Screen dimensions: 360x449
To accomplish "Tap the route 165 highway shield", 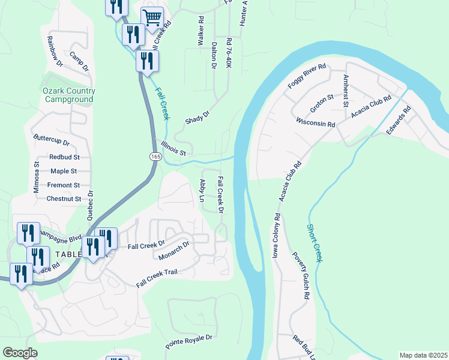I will (155, 156).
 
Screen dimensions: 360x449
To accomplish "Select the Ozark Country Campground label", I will (69, 95).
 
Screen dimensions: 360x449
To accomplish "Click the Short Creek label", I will (315, 242).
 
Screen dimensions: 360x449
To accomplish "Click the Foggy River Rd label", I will (306, 76).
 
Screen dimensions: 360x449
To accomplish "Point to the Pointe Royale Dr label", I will (189, 342).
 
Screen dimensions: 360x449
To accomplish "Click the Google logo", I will (20, 353).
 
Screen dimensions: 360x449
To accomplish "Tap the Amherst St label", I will (345, 91).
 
